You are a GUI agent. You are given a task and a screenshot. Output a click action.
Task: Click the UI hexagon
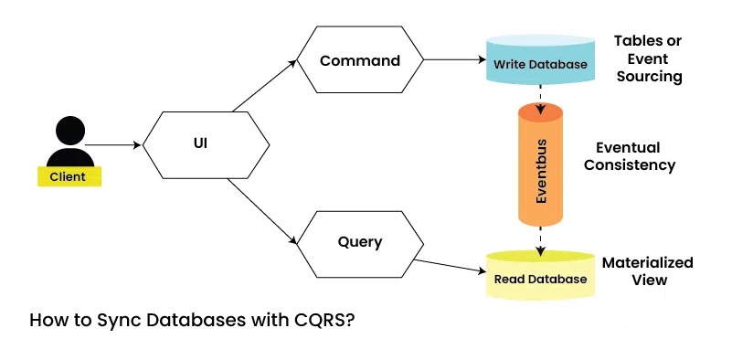coord(205,144)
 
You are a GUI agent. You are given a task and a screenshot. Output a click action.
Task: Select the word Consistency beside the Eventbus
coord(630,165)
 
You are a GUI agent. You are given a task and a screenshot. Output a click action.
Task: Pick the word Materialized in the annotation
coord(647,263)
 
